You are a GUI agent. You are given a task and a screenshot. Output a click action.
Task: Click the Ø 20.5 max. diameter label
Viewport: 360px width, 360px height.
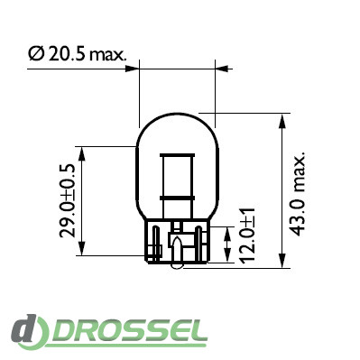click(77, 54)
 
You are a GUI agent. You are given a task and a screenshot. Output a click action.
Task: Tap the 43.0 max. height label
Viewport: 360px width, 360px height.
click(299, 192)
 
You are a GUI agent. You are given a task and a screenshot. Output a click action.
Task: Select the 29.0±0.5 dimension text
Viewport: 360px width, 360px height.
click(68, 201)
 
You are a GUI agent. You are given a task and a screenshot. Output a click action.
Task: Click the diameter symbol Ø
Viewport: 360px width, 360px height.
click(36, 54)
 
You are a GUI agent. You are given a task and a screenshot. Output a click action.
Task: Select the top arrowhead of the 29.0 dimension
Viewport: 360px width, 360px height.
click(82, 153)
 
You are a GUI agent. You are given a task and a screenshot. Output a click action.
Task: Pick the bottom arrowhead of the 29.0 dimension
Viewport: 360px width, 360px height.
click(82, 248)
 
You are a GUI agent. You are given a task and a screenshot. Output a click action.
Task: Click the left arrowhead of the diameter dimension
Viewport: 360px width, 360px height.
click(133, 69)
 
